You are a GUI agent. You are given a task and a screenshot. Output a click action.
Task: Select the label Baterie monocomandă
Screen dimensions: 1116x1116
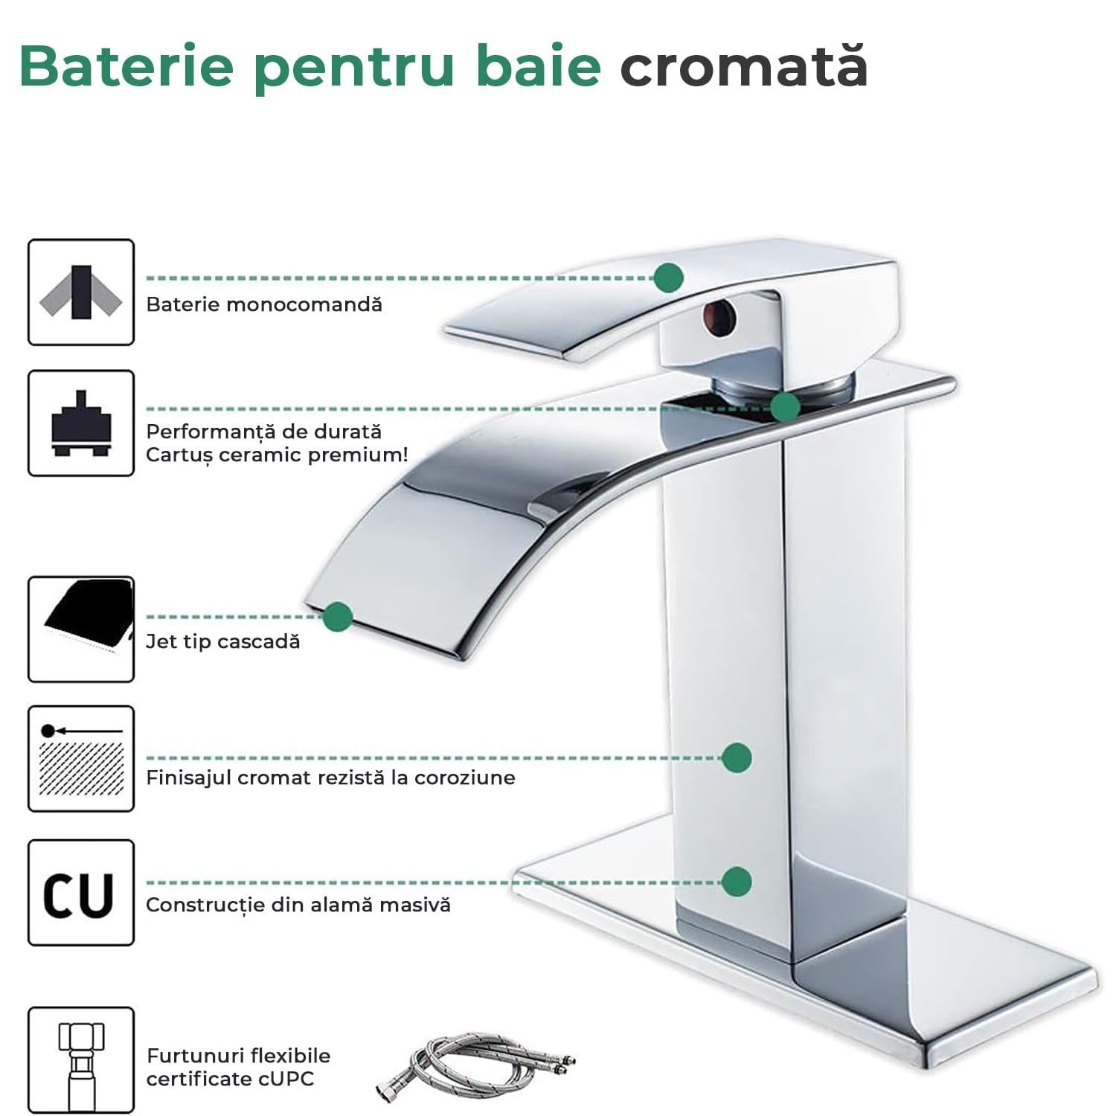point(264,304)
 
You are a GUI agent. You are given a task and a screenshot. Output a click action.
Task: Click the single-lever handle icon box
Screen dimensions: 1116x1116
point(81,292)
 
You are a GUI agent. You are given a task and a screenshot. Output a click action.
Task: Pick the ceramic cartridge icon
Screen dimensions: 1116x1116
point(81,423)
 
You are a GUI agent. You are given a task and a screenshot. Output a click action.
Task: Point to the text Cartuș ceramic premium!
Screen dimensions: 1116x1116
point(277,455)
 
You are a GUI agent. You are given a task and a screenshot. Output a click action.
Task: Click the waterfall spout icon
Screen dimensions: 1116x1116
point(81,629)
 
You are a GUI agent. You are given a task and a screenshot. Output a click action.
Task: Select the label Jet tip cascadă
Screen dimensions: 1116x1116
point(223,641)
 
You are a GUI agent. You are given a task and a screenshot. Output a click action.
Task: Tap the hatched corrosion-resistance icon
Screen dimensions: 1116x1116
point(81,759)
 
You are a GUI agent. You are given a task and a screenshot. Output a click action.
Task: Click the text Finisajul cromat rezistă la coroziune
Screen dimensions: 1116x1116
point(330,777)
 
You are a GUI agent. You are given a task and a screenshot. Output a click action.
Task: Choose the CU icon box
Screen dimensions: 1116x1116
point(81,893)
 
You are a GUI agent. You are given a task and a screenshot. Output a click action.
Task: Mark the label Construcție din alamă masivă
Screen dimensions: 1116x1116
point(298,905)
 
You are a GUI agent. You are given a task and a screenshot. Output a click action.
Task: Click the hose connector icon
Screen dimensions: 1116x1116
point(81,1060)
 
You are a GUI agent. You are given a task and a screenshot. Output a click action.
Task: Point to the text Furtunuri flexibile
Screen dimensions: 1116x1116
point(239,1056)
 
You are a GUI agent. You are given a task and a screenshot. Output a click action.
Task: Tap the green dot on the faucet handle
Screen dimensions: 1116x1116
point(669,278)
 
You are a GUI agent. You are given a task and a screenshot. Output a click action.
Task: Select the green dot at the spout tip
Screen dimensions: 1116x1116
point(338,617)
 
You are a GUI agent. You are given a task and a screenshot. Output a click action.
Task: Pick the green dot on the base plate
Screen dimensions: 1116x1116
point(737,882)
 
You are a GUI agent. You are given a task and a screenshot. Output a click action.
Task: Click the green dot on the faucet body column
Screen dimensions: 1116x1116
point(737,757)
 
